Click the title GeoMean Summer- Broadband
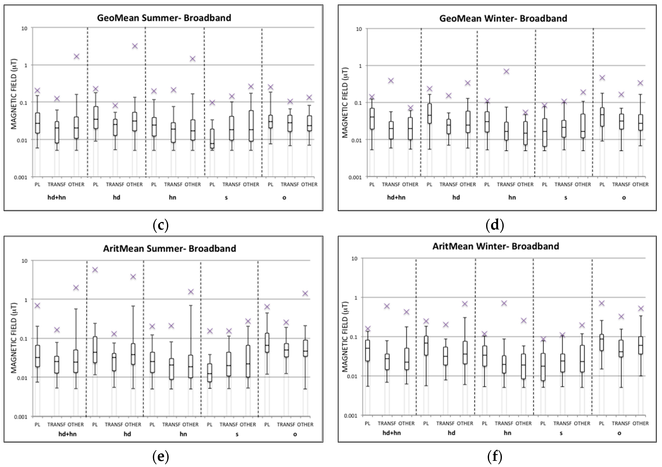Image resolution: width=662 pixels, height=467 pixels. pos(164,18)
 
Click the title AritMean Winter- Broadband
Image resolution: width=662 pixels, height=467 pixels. pos(496,246)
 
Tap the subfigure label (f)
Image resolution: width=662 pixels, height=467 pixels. pos(495,456)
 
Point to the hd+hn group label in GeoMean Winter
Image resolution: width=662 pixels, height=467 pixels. pos(396,197)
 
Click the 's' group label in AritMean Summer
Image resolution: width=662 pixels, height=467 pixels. pos(237,434)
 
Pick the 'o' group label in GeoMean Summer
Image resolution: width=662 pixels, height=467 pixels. pos(284,198)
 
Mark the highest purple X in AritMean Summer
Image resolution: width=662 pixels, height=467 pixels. pos(95,270)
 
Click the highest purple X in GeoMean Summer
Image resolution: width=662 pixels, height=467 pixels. pos(135,46)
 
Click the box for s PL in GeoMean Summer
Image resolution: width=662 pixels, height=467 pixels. pos(212,138)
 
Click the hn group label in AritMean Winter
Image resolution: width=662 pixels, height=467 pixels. pos(508,433)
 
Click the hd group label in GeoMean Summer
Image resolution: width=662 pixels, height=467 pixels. pos(116,198)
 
